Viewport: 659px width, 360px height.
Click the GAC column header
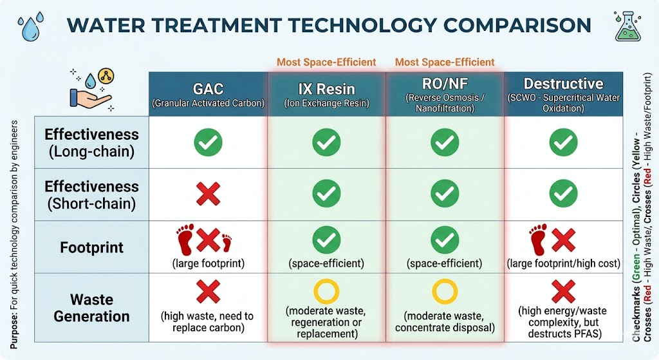click(x=208, y=93)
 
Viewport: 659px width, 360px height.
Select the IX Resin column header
click(x=326, y=93)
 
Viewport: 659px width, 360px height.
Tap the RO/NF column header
click(x=445, y=93)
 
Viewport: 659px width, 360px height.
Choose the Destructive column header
click(x=563, y=93)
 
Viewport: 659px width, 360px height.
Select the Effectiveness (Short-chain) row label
click(x=91, y=194)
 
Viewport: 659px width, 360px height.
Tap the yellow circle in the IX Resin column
click(x=326, y=292)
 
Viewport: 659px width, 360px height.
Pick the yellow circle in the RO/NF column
click(x=445, y=292)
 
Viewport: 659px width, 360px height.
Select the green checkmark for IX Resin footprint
click(x=326, y=240)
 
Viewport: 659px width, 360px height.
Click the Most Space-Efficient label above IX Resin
click(x=326, y=62)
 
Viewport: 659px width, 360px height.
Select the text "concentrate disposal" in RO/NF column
click(x=445, y=328)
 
